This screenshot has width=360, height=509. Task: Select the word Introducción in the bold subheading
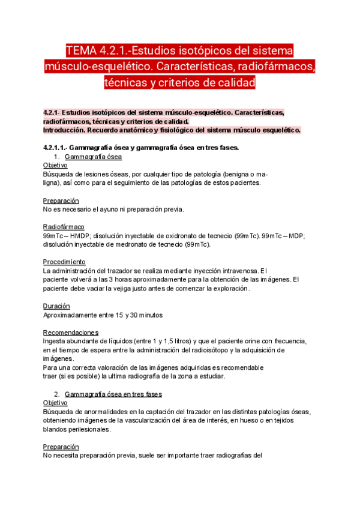pyautogui.click(x=65, y=130)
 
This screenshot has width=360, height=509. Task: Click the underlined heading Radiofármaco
pyautogui.click(x=63, y=227)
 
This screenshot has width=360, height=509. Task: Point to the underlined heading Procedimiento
pyautogui.click(x=64, y=262)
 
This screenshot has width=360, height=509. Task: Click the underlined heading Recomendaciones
pyautogui.click(x=71, y=332)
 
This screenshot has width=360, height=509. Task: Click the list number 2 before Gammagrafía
pyautogui.click(x=56, y=394)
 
